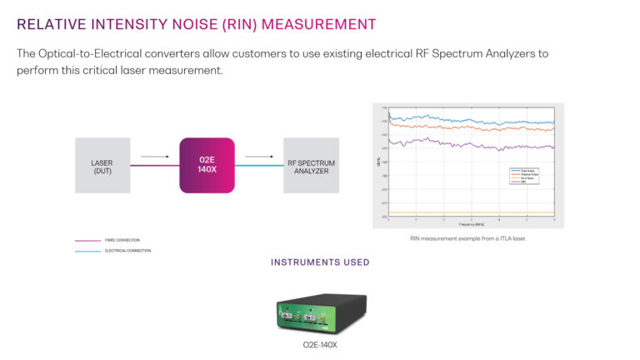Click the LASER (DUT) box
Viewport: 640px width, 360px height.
click(102, 165)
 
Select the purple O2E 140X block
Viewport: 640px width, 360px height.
click(207, 165)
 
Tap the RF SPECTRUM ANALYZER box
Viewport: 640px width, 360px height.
click(311, 165)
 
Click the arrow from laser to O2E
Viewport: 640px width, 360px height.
click(154, 155)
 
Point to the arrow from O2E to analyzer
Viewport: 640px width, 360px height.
click(259, 155)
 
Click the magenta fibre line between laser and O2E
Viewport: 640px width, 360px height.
click(155, 165)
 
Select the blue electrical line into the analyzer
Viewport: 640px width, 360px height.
click(259, 165)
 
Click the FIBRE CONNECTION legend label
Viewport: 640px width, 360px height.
click(121, 241)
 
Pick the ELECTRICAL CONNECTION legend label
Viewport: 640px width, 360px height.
click(127, 250)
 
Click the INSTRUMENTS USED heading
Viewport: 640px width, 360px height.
click(320, 262)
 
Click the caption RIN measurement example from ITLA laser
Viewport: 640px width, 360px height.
click(467, 238)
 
